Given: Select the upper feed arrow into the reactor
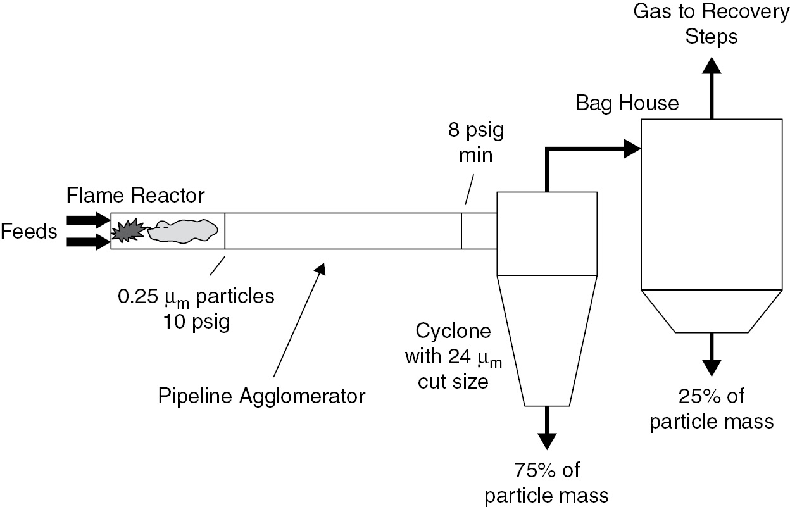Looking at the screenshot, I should tap(89, 220).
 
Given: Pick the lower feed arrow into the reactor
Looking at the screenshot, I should tap(89, 242).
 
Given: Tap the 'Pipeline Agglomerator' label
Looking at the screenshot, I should tap(262, 396).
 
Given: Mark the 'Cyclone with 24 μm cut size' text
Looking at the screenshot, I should tap(452, 356).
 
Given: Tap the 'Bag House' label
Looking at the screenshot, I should tap(627, 102).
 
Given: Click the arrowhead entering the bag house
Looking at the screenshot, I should tap(633, 149).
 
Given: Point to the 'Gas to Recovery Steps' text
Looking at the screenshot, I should tap(712, 24).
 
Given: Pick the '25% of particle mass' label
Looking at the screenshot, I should tap(712, 409).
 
